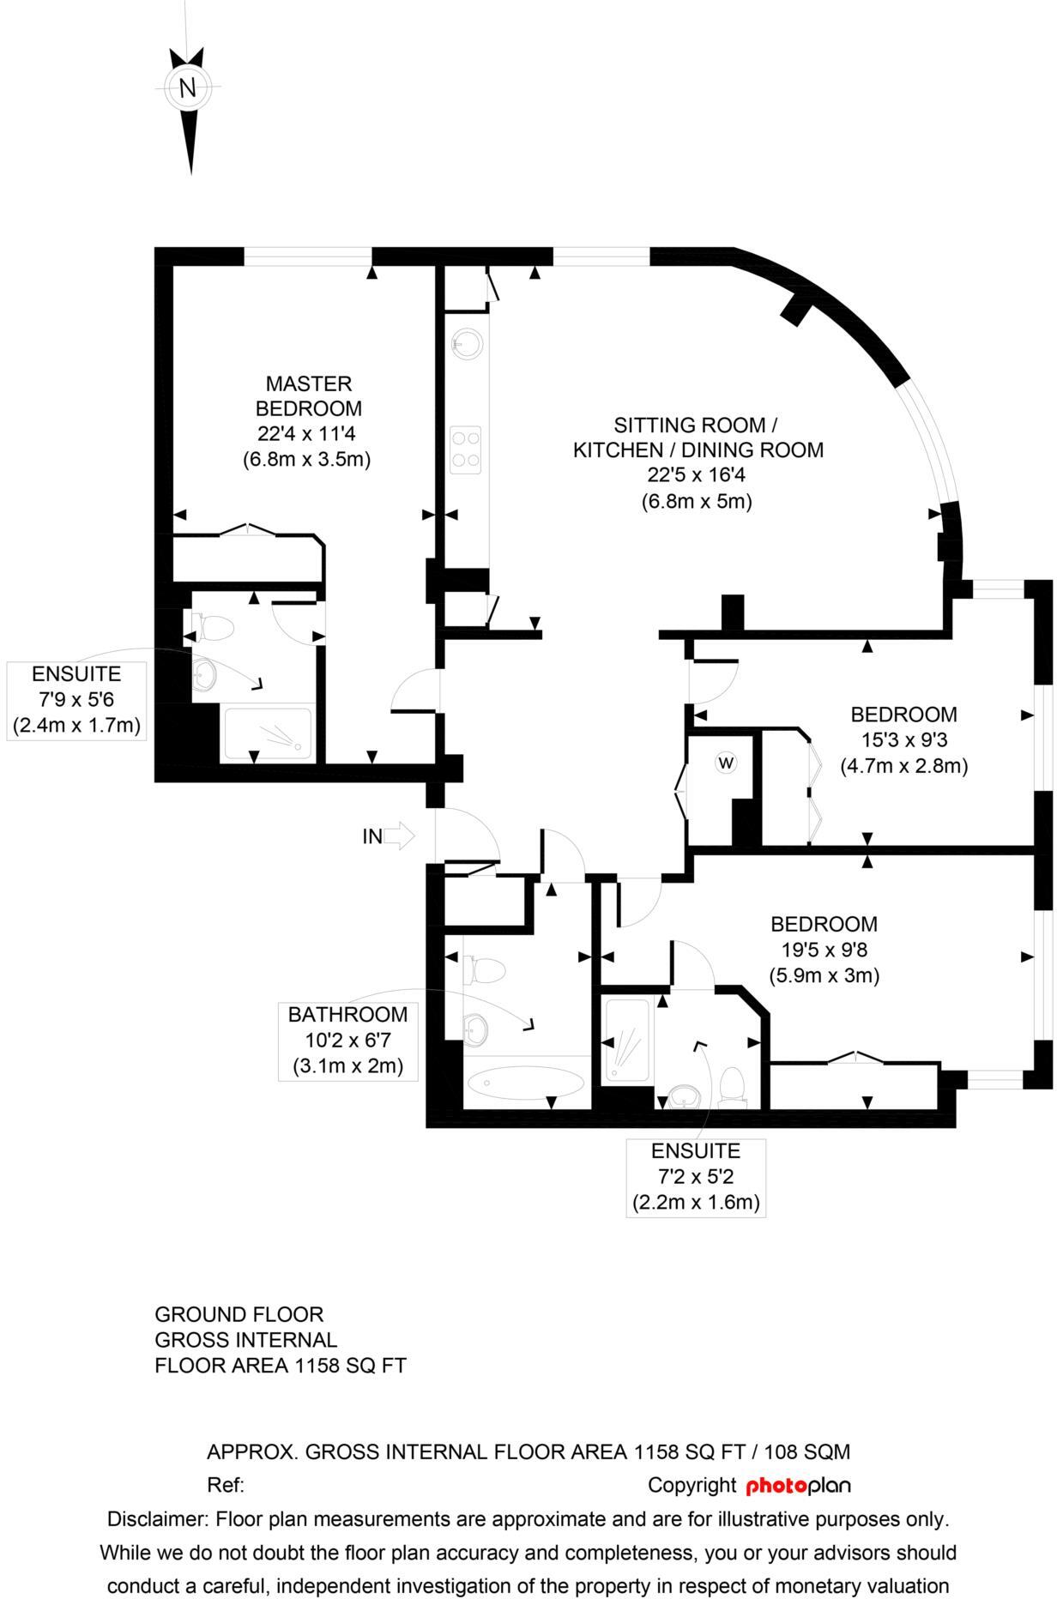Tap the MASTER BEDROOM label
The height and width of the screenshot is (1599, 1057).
(x=308, y=395)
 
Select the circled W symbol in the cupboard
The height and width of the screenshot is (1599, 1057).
(x=726, y=762)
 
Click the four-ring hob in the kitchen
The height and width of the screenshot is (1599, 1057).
(x=466, y=449)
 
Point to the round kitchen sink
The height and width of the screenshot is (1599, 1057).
(x=467, y=344)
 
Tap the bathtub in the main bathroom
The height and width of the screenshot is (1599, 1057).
(x=524, y=1083)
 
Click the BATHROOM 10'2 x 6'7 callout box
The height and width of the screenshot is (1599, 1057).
(x=347, y=1041)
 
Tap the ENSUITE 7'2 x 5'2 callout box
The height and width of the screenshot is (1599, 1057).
(x=695, y=1177)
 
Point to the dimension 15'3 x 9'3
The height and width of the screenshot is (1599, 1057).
(x=903, y=739)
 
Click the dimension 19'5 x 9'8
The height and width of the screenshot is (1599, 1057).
(x=824, y=950)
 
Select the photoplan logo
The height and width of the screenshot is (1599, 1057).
(x=798, y=1486)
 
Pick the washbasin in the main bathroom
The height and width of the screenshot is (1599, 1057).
(x=475, y=1027)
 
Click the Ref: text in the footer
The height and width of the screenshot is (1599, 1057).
(x=226, y=1486)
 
